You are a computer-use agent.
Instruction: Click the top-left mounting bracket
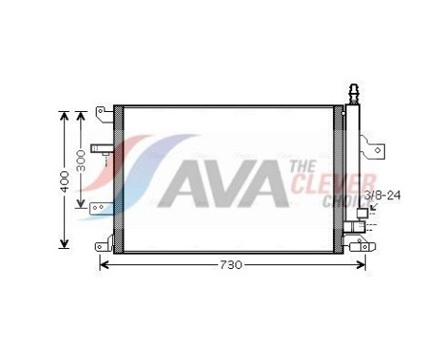coord(100,115)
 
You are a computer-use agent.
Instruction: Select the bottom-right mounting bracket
coord(360,246)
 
